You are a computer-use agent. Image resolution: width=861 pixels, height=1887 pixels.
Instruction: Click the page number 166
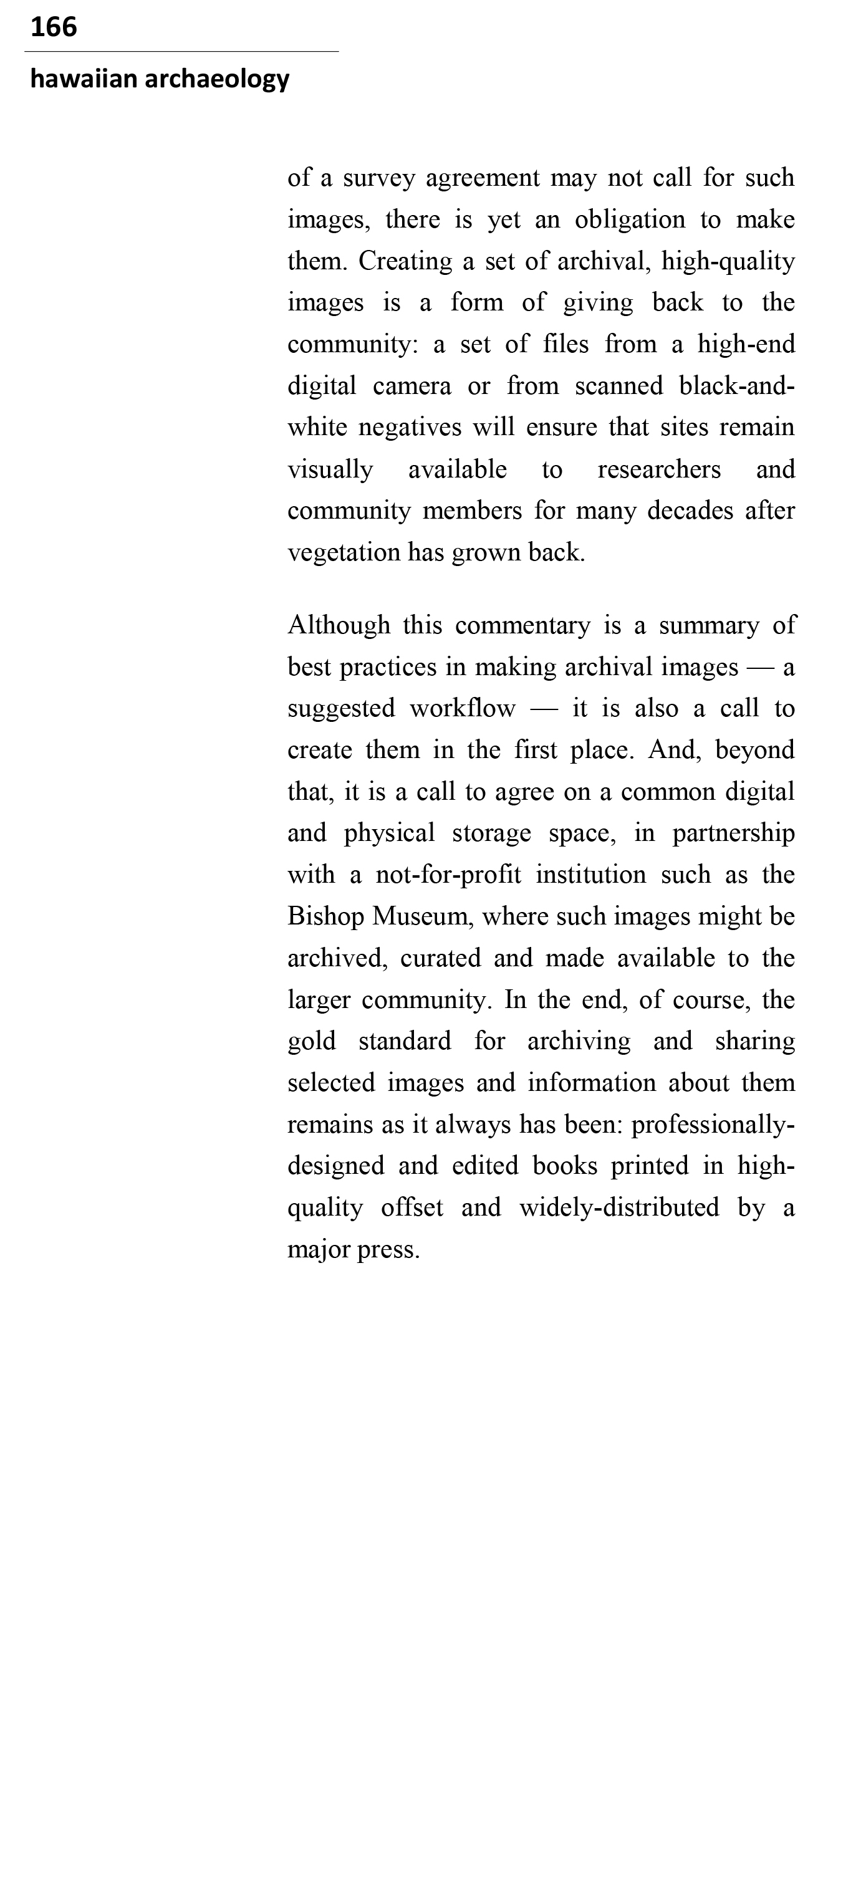tap(54, 27)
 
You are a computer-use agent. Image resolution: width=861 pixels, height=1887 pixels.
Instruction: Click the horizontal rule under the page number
tap(181, 52)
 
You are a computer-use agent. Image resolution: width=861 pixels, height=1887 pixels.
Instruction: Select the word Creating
tap(405, 262)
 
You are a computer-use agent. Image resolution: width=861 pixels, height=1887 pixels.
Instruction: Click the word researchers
tap(659, 469)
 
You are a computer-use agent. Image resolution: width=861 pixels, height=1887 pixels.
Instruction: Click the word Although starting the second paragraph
tap(339, 626)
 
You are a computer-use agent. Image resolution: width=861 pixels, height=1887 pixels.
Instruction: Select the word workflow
tap(463, 709)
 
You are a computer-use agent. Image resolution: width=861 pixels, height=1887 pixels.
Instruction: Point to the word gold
tap(312, 1042)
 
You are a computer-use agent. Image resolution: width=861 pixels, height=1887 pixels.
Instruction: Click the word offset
tap(412, 1208)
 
